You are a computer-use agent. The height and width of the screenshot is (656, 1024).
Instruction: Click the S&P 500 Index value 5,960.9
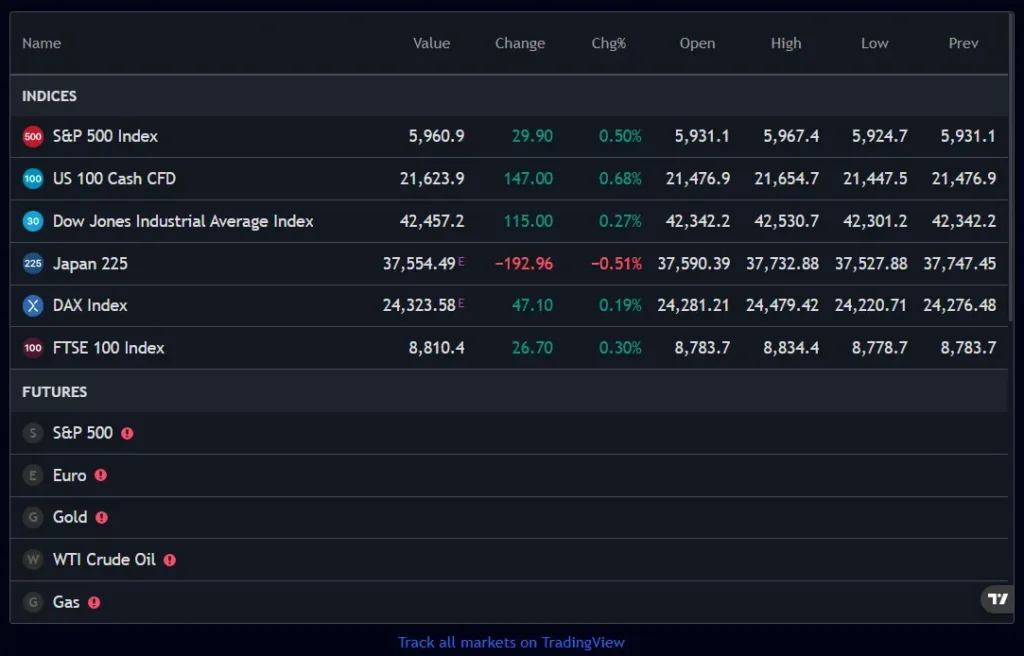coord(436,136)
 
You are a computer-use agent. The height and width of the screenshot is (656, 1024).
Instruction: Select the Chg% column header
coord(608,43)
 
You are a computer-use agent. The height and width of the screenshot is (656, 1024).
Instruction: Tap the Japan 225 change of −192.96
coord(523,263)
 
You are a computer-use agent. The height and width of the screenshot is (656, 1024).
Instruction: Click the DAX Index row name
coord(90,305)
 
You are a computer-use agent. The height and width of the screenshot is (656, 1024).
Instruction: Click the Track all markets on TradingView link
coord(511,642)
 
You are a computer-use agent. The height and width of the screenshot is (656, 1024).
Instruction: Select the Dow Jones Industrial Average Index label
coord(183,221)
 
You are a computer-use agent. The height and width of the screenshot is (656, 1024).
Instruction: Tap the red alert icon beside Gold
coord(101,518)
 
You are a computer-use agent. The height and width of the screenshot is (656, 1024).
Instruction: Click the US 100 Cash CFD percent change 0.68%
coord(620,178)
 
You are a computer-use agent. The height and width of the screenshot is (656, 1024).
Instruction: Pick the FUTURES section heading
coord(54,392)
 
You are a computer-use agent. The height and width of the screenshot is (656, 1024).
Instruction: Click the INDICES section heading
coord(49,96)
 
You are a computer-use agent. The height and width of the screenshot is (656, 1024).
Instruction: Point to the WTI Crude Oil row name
coord(104,560)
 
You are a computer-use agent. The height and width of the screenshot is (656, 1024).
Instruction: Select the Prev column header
coord(963,43)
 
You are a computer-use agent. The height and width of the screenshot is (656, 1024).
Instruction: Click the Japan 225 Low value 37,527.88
coord(871,263)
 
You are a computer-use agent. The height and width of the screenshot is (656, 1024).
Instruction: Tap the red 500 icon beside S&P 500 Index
coord(33,136)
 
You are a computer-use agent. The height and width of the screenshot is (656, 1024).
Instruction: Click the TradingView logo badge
coord(997,599)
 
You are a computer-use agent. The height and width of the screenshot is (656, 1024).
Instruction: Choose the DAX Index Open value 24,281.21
coord(693,305)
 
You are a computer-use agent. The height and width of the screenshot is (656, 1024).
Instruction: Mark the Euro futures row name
coord(69,475)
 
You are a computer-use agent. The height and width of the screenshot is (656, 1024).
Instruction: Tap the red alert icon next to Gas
coord(94,603)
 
